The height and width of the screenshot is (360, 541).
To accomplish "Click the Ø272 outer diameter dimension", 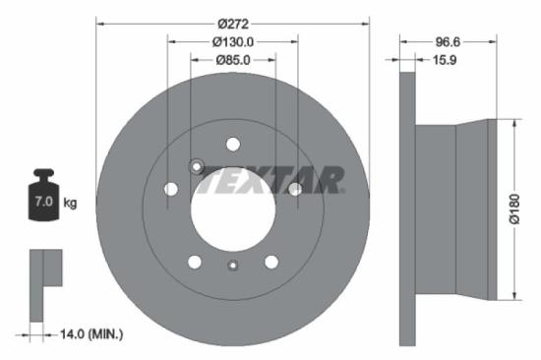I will click(x=233, y=22).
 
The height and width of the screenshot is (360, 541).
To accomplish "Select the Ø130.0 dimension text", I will click(x=233, y=41).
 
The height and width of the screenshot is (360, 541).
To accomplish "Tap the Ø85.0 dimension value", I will click(x=233, y=60).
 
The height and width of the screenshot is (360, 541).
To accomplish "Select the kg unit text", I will click(x=70, y=204).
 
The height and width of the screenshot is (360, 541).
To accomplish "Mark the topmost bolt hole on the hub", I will click(x=233, y=143).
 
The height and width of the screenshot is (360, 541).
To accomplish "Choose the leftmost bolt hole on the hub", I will click(x=171, y=189).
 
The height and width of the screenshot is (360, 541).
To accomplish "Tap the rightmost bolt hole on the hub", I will click(x=294, y=189).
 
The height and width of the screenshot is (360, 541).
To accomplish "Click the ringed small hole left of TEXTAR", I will click(x=197, y=165).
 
